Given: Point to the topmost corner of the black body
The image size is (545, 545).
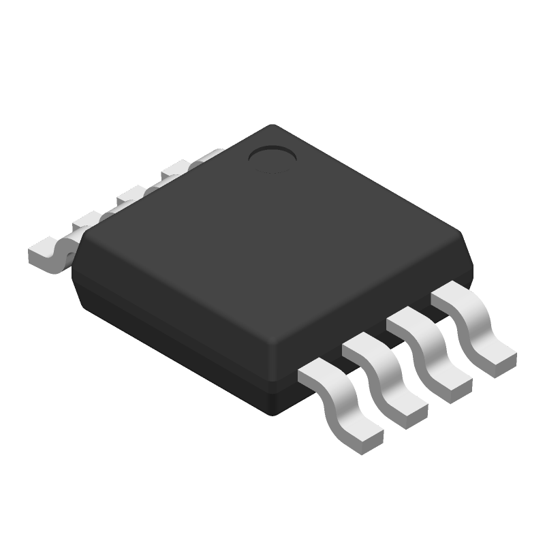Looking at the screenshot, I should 272,126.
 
